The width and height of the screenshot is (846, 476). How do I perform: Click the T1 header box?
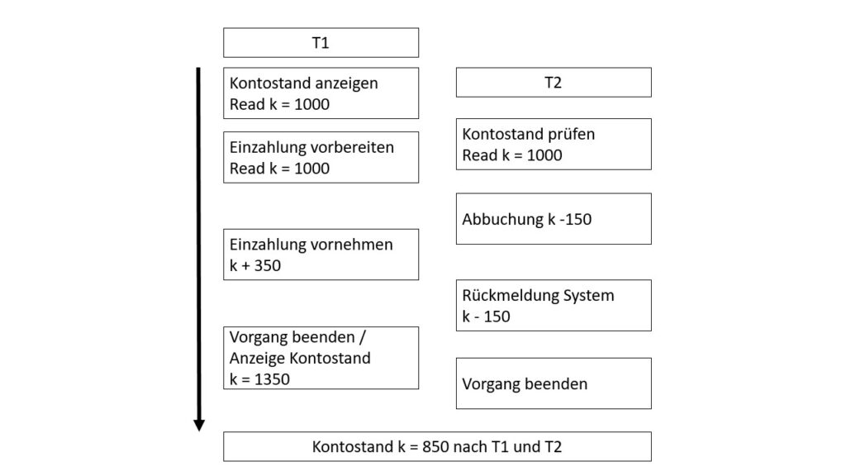coord(321,43)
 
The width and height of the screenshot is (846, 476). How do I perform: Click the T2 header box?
coord(554,83)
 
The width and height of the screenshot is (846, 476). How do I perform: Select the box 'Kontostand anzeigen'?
coord(321,93)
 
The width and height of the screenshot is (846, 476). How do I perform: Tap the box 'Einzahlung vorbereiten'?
coord(321,157)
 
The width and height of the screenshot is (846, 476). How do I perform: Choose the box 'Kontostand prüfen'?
coord(554,144)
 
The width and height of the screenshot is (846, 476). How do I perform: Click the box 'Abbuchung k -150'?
coord(554,219)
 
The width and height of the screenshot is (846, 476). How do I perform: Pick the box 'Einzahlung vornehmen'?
coord(321,255)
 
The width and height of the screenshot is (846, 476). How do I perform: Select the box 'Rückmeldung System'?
coord(554,305)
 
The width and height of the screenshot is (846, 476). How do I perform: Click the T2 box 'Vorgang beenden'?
coord(554,383)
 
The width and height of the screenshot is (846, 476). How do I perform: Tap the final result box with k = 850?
coord(437,446)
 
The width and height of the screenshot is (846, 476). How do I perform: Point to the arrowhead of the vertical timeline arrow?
coord(199,425)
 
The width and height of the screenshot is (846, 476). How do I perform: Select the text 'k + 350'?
coord(255,266)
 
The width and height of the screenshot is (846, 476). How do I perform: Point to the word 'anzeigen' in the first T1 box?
coord(349,83)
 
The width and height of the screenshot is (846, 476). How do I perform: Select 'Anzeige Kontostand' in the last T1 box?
coord(300,359)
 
